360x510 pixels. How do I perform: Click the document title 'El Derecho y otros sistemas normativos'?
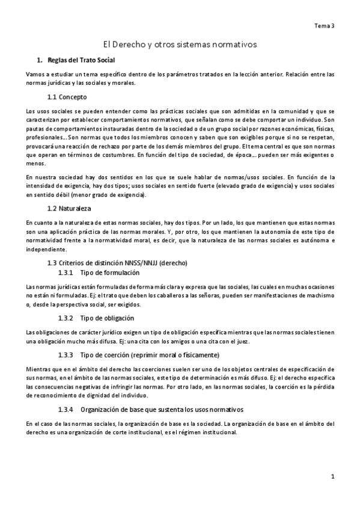180,45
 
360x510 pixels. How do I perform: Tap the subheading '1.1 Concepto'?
67,97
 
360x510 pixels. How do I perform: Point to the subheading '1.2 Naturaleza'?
69,209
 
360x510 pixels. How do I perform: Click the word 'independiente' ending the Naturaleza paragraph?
47,250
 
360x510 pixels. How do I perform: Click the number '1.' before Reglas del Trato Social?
40,61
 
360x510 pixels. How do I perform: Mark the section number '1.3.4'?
66,410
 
